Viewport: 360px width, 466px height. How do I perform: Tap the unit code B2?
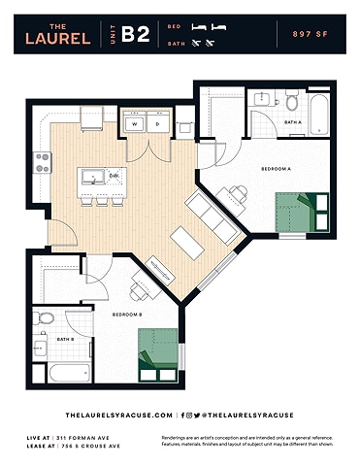click(136, 36)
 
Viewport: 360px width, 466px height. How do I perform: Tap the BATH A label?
click(293, 122)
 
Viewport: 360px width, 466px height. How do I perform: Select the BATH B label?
click(65, 339)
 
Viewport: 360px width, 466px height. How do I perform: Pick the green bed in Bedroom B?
click(158, 355)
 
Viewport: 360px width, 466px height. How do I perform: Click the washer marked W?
click(134, 124)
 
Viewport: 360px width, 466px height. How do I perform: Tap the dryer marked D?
click(157, 124)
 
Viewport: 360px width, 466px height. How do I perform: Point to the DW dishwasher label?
click(114, 176)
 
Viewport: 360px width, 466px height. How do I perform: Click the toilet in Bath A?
click(291, 100)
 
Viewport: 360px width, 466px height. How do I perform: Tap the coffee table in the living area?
click(185, 241)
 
